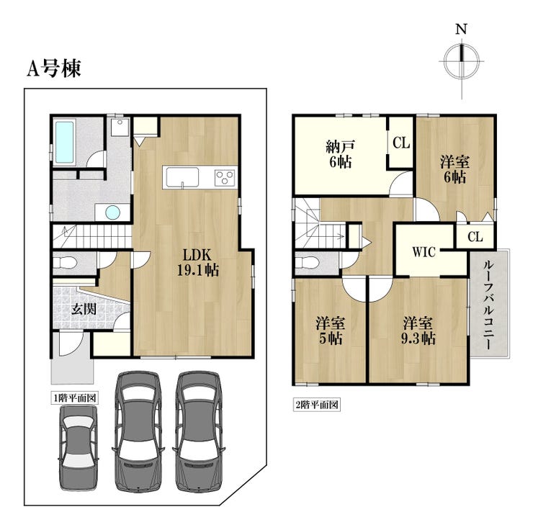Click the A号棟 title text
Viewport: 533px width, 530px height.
tap(54, 69)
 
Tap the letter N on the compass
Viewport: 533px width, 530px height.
tap(461, 30)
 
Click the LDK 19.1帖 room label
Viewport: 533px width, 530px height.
tap(197, 262)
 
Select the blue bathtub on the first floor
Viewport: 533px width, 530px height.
tap(65, 142)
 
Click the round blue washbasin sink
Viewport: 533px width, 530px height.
tap(112, 212)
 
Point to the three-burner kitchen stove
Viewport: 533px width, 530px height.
tap(225, 177)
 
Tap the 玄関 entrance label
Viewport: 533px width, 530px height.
tap(84, 309)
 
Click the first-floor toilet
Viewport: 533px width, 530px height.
tap(66, 263)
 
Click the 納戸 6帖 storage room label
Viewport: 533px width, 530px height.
tap(340, 155)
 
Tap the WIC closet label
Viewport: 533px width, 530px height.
tap(424, 252)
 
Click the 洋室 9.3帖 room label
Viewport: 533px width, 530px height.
tap(418, 331)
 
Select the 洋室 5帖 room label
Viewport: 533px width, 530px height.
tap(331, 331)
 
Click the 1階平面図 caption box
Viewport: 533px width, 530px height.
tap(75, 398)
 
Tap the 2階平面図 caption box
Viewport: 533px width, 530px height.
tap(316, 405)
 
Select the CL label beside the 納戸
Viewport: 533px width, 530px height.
tap(401, 143)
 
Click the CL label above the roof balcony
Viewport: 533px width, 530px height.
tap(475, 237)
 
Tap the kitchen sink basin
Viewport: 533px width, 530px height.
tap(182, 177)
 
